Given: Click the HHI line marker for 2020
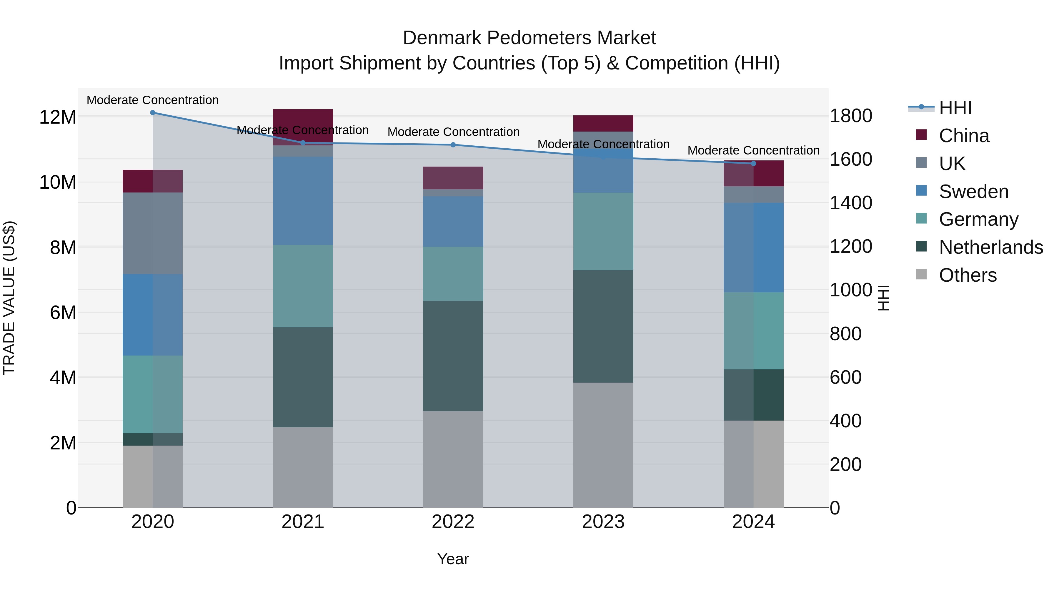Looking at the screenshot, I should tap(152, 113).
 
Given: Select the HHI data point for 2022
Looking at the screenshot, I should tap(453, 145).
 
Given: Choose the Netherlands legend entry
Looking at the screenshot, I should tap(991, 247).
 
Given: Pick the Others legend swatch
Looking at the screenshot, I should tap(921, 274).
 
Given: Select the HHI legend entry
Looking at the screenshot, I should tap(955, 108).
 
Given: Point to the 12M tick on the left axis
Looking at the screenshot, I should tap(58, 117).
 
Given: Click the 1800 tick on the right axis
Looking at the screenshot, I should tap(850, 116).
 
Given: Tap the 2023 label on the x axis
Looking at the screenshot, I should tap(603, 522).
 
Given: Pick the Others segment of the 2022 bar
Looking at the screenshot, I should tap(453, 459).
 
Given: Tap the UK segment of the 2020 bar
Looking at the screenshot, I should tap(152, 233).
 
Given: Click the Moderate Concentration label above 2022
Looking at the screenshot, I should tap(453, 132).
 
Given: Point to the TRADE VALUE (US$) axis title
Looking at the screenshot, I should tap(9, 298).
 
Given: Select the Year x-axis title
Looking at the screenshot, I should tap(453, 559).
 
